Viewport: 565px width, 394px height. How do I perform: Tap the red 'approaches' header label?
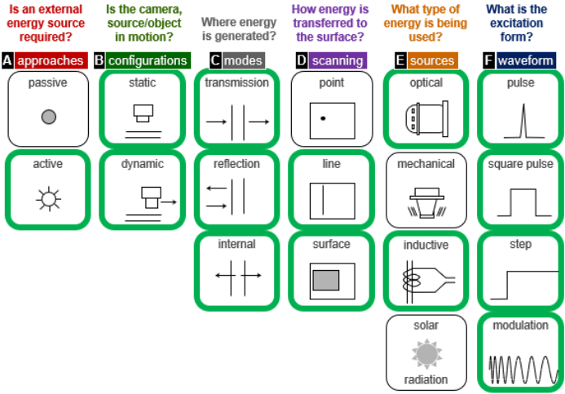point(50,60)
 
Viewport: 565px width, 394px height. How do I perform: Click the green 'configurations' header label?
point(147,60)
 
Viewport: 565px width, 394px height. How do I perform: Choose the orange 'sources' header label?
point(432,60)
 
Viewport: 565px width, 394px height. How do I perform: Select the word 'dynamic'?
point(143,164)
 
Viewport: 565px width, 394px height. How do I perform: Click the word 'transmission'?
point(236,83)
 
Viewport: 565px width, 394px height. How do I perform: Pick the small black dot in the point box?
point(323,119)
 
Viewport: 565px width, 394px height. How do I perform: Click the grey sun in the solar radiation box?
point(426,353)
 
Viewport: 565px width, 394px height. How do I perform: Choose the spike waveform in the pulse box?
point(519,120)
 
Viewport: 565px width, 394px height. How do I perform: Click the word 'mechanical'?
point(426,164)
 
